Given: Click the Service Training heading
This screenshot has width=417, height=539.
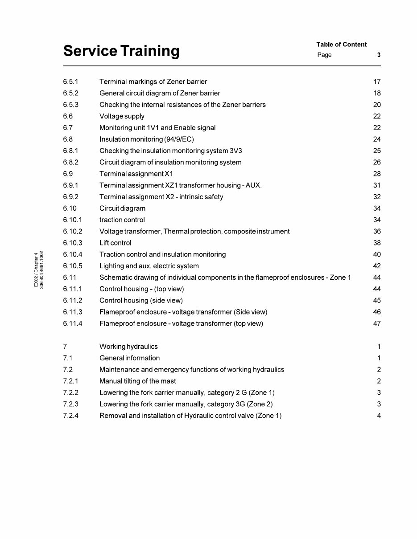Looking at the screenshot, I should point(121,51).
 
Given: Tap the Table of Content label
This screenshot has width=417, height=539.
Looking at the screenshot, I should point(341,45).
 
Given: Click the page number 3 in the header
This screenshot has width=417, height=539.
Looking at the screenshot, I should point(379,55).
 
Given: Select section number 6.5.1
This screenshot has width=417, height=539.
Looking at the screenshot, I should point(71,82).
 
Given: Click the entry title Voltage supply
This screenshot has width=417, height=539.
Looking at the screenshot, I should point(122,116).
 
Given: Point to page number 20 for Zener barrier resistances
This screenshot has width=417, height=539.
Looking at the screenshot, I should point(377,105).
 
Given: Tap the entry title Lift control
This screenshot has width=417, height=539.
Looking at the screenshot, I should point(115,243).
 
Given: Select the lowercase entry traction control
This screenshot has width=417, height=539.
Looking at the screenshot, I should point(122,220).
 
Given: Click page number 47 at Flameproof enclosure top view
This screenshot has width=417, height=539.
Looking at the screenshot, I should point(377,324).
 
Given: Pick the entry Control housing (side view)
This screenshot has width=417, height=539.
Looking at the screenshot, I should point(141,301).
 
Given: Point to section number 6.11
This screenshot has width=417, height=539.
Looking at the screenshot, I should point(70,278).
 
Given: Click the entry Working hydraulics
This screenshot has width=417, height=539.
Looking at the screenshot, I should point(128,347).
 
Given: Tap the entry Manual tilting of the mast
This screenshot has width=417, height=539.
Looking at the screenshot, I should point(137,381).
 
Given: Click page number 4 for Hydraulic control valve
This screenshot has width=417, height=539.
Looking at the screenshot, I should point(379,416).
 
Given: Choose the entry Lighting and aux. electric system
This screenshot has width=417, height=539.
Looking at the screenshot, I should point(149,266).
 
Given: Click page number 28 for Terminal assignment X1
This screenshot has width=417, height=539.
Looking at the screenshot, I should point(377,174).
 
